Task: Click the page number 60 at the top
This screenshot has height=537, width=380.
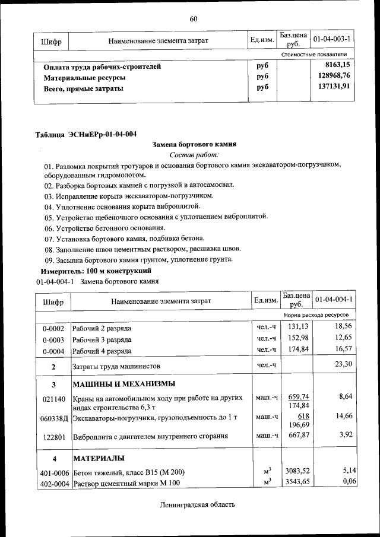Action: (193, 19)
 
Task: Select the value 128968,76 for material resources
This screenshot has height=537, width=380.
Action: (334, 76)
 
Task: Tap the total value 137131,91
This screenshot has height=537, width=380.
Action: (334, 87)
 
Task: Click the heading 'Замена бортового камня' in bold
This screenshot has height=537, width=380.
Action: (194, 144)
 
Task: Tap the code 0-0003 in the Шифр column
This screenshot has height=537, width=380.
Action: (53, 339)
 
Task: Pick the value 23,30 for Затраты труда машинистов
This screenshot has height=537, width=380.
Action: (343, 364)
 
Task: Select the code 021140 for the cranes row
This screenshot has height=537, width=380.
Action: (53, 400)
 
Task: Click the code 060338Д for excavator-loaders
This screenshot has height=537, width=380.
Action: (53, 418)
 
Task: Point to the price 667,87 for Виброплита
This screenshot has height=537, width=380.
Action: (299, 436)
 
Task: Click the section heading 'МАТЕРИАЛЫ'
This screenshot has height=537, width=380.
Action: (99, 459)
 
